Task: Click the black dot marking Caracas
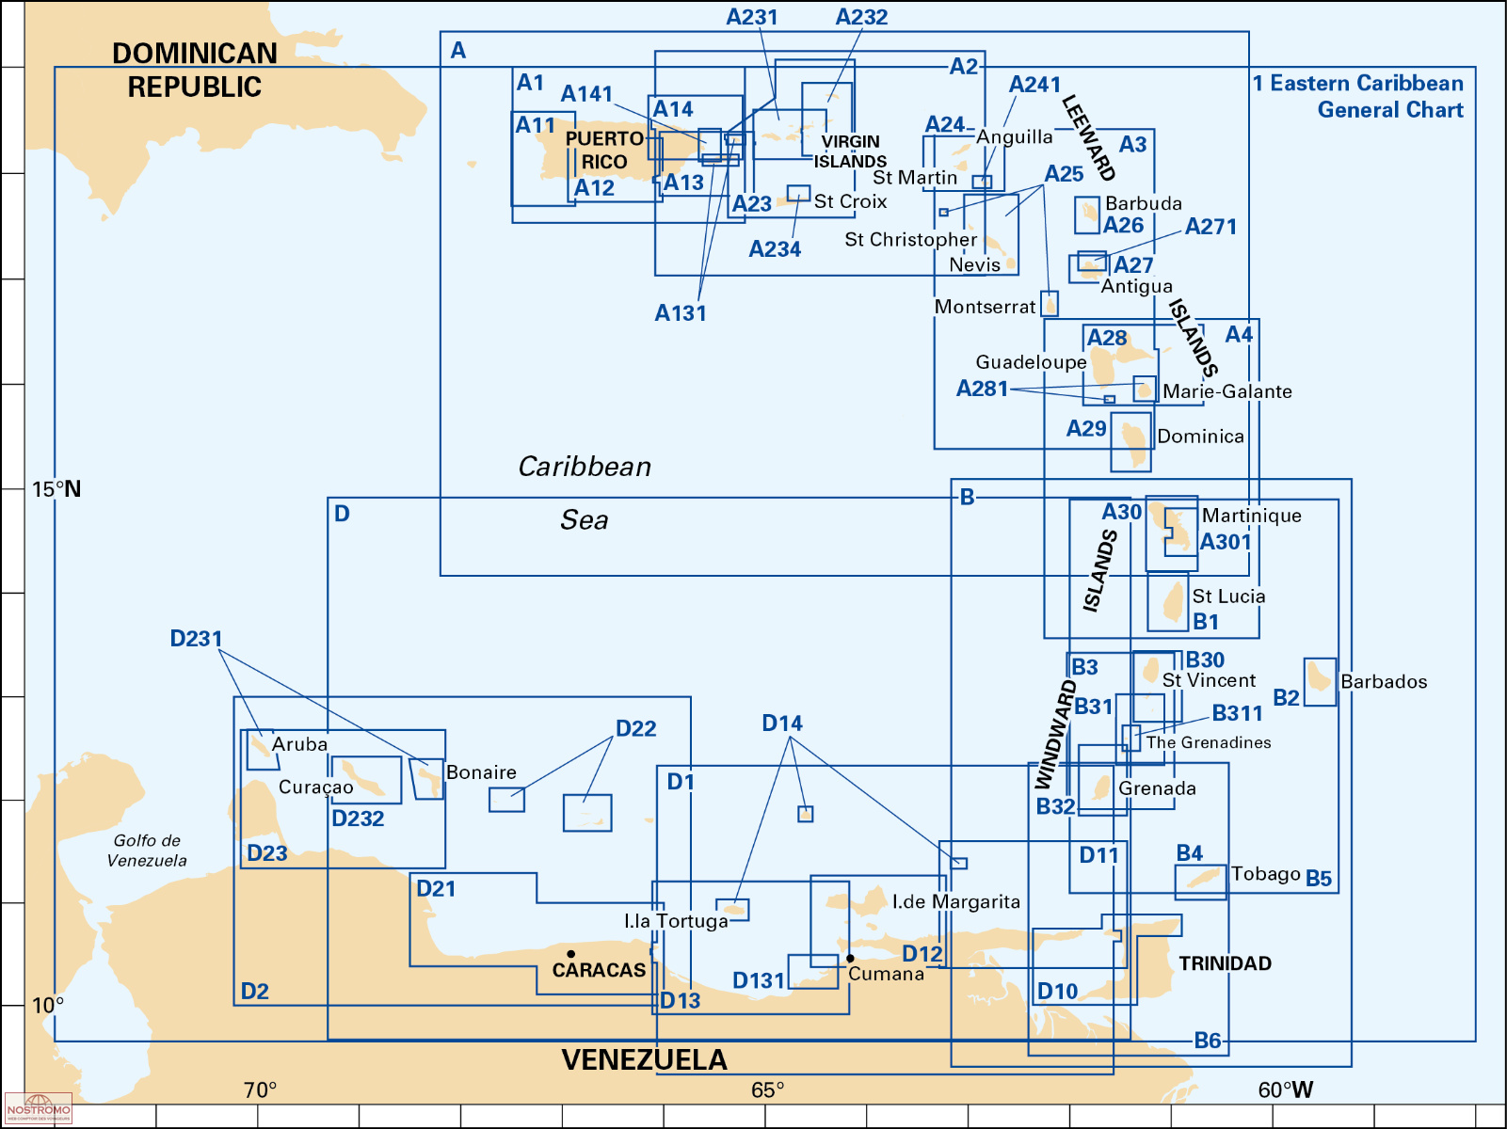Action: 570,954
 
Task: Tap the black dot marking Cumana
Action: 850,959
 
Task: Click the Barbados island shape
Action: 1320,678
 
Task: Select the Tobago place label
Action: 1265,874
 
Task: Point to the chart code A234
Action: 775,249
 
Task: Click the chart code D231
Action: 196,639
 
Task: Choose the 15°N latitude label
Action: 56,489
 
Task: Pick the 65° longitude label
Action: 767,1090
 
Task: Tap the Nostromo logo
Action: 39,1108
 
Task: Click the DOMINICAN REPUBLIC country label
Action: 195,71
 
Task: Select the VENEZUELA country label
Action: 644,1060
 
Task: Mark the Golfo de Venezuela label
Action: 147,851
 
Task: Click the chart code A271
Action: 1210,227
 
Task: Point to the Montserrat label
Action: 985,307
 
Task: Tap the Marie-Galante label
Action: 1226,391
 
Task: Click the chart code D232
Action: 358,819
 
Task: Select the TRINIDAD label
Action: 1225,963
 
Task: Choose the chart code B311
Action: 1237,713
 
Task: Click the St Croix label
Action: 850,201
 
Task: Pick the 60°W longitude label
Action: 1285,1090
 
